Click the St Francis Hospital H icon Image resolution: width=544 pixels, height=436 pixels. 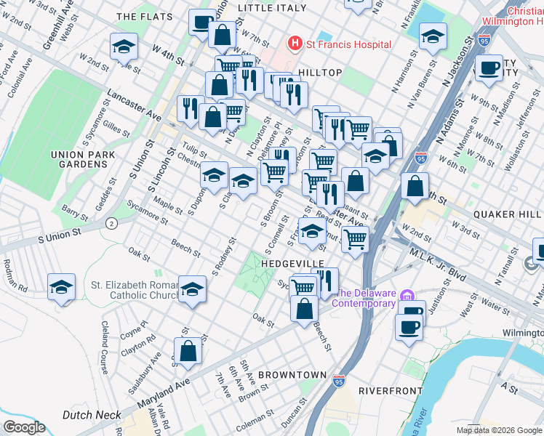[x=295, y=44]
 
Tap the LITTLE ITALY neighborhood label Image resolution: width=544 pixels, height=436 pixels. [x=272, y=7]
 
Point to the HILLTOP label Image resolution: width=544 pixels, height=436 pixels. [x=320, y=73]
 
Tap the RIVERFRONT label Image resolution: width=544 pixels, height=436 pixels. [x=390, y=391]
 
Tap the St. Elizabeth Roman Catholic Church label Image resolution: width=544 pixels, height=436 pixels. [x=135, y=290]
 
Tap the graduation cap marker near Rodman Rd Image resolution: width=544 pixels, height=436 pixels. [x=62, y=286]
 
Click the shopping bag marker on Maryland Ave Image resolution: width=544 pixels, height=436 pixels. [x=188, y=351]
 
